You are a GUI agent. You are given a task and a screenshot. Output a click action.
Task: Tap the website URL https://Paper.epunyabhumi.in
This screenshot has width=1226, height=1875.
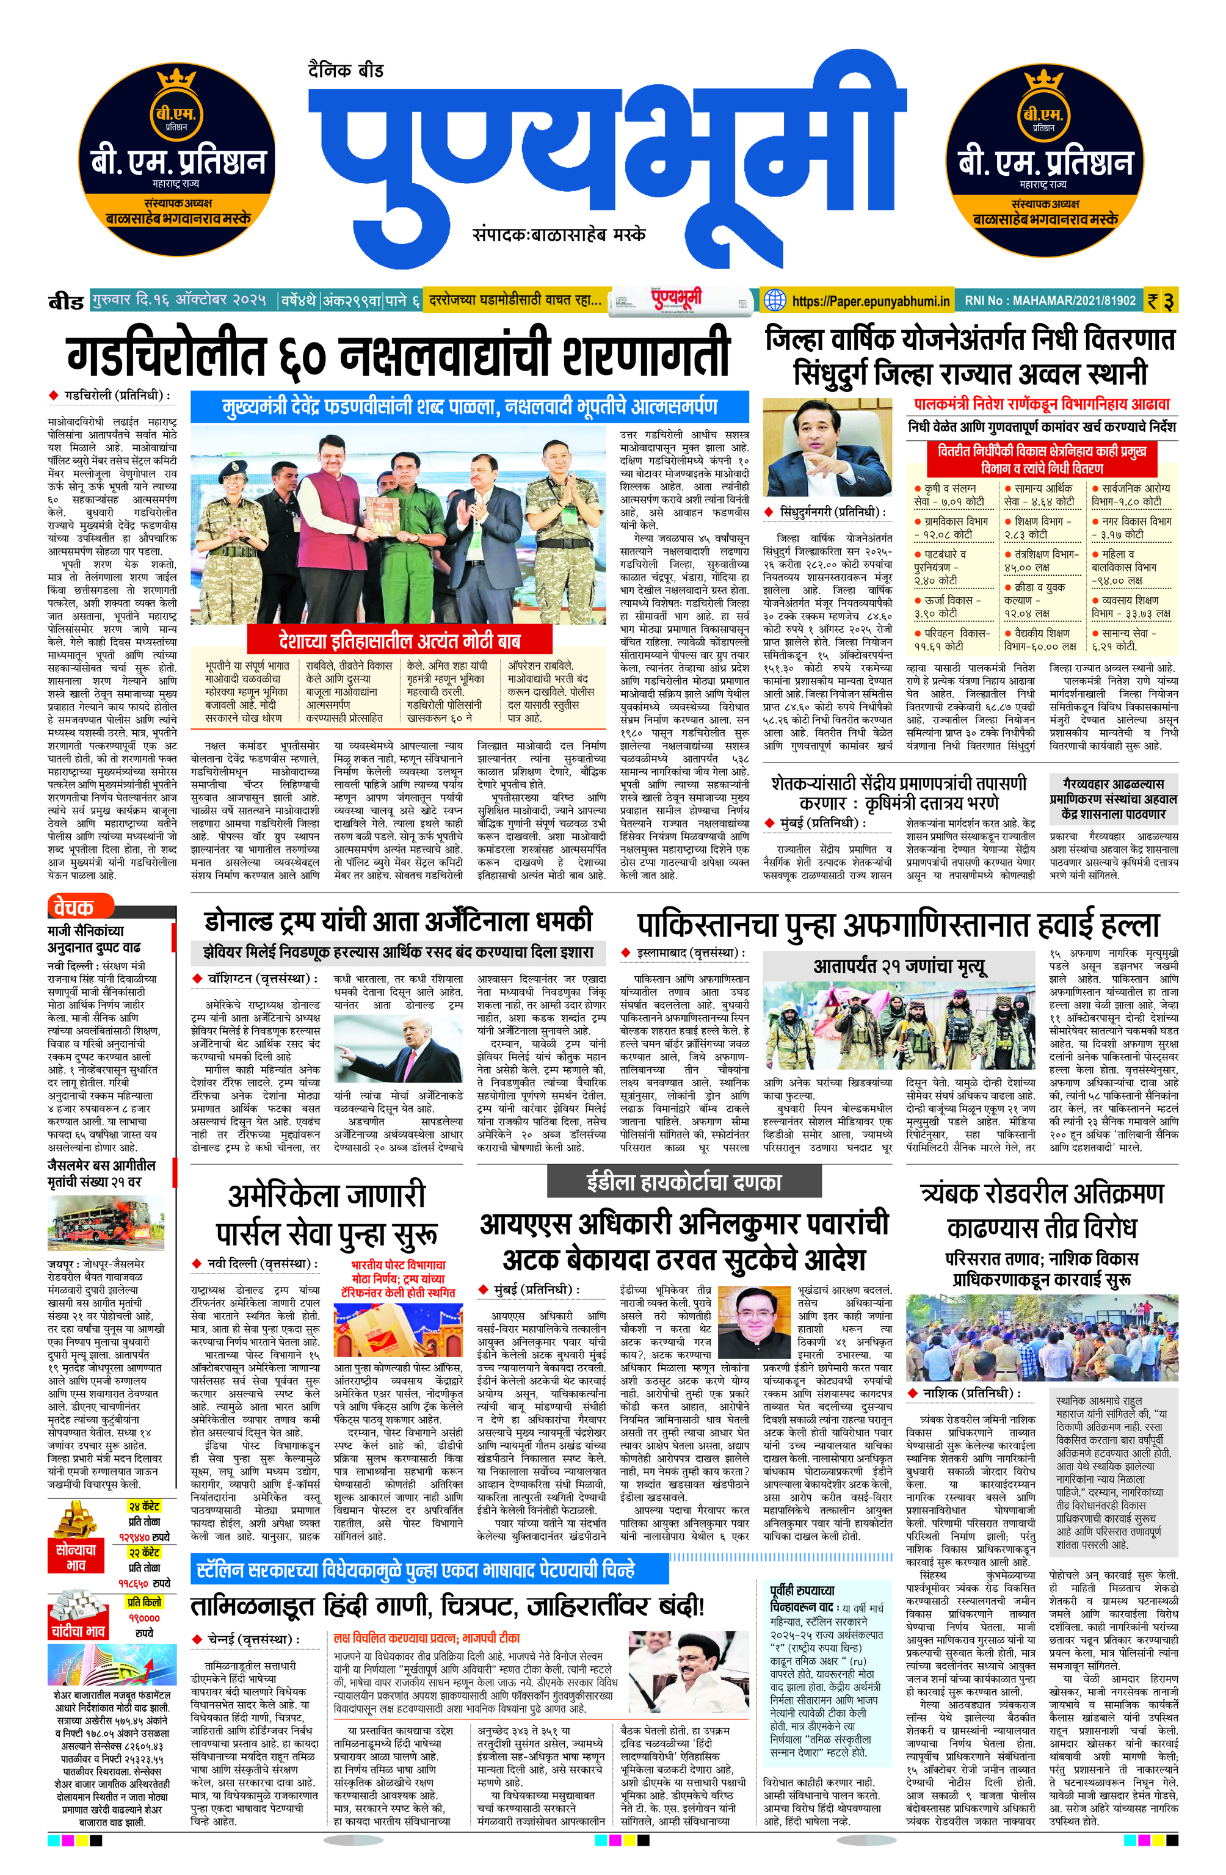pyautogui.click(x=870, y=301)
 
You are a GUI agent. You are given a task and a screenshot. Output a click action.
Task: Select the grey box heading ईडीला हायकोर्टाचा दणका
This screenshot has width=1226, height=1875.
pyautogui.click(x=683, y=1182)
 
